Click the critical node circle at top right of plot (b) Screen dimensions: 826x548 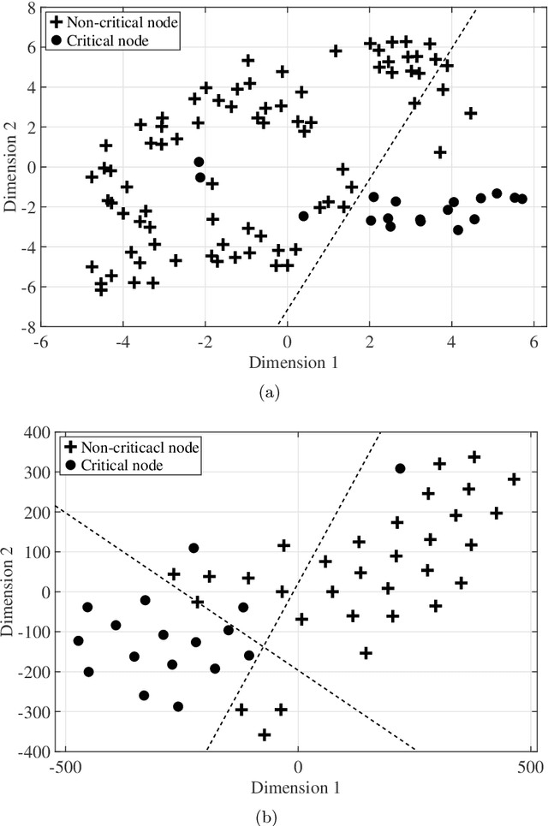400,468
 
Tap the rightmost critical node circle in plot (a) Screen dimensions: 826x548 522,199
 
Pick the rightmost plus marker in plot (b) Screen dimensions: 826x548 514,479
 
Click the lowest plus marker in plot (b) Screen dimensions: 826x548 265,734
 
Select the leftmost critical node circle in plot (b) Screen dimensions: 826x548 79,640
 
